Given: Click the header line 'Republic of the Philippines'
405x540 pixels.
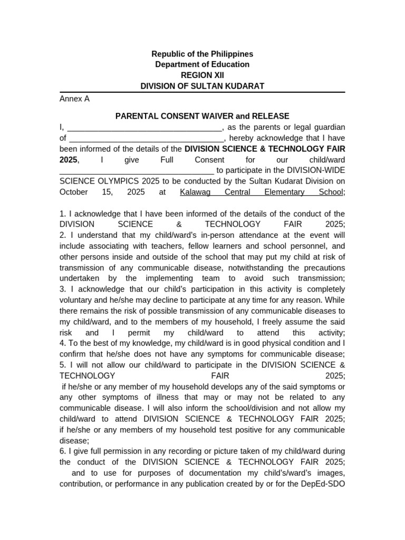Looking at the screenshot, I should click(x=202, y=54).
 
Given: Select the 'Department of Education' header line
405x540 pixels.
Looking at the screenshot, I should click(x=202, y=64).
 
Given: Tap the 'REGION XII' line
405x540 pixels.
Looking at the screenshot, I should click(x=202, y=75).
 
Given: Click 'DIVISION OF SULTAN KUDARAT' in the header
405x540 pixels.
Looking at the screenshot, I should click(x=202, y=85).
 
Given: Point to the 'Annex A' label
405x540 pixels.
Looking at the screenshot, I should click(x=74, y=99).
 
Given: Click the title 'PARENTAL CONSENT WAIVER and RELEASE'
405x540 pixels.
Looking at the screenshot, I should click(x=202, y=116).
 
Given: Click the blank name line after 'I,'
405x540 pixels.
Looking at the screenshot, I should click(x=145, y=128).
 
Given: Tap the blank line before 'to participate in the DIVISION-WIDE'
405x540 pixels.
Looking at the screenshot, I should click(x=137, y=171).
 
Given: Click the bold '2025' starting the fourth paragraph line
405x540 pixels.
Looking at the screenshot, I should click(x=68, y=159).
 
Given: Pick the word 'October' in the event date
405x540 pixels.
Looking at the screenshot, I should click(x=74, y=192).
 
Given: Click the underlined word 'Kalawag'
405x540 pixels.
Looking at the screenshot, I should click(x=195, y=192).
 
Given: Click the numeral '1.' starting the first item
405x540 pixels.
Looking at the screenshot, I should click(x=63, y=214).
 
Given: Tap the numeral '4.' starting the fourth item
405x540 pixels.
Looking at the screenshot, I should click(x=63, y=343).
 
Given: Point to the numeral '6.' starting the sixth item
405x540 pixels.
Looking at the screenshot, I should click(x=63, y=451).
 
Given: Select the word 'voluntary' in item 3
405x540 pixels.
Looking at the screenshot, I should click(x=77, y=300).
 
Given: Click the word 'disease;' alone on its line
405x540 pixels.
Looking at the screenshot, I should click(x=74, y=440).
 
